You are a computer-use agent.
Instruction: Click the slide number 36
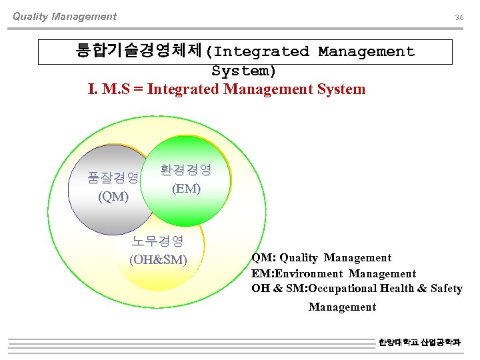point(459,17)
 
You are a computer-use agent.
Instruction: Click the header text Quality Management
point(65,17)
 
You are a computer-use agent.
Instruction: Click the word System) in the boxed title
point(244,70)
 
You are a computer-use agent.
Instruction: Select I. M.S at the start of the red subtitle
point(112,89)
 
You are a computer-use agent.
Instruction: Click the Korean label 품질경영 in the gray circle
point(113,177)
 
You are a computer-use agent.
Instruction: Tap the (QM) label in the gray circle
point(113,197)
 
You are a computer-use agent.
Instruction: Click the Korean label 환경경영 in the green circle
point(186,170)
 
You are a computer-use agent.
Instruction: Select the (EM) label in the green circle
point(186,189)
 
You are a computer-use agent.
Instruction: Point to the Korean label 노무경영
point(158,241)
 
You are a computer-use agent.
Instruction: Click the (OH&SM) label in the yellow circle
point(158,259)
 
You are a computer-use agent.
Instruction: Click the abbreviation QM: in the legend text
point(263,258)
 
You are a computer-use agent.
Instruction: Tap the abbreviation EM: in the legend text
point(263,273)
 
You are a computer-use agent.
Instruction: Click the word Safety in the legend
point(447,289)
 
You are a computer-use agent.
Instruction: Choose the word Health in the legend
point(397,289)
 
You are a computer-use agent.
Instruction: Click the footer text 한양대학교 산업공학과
point(419,342)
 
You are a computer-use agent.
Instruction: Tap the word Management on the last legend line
point(342,307)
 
